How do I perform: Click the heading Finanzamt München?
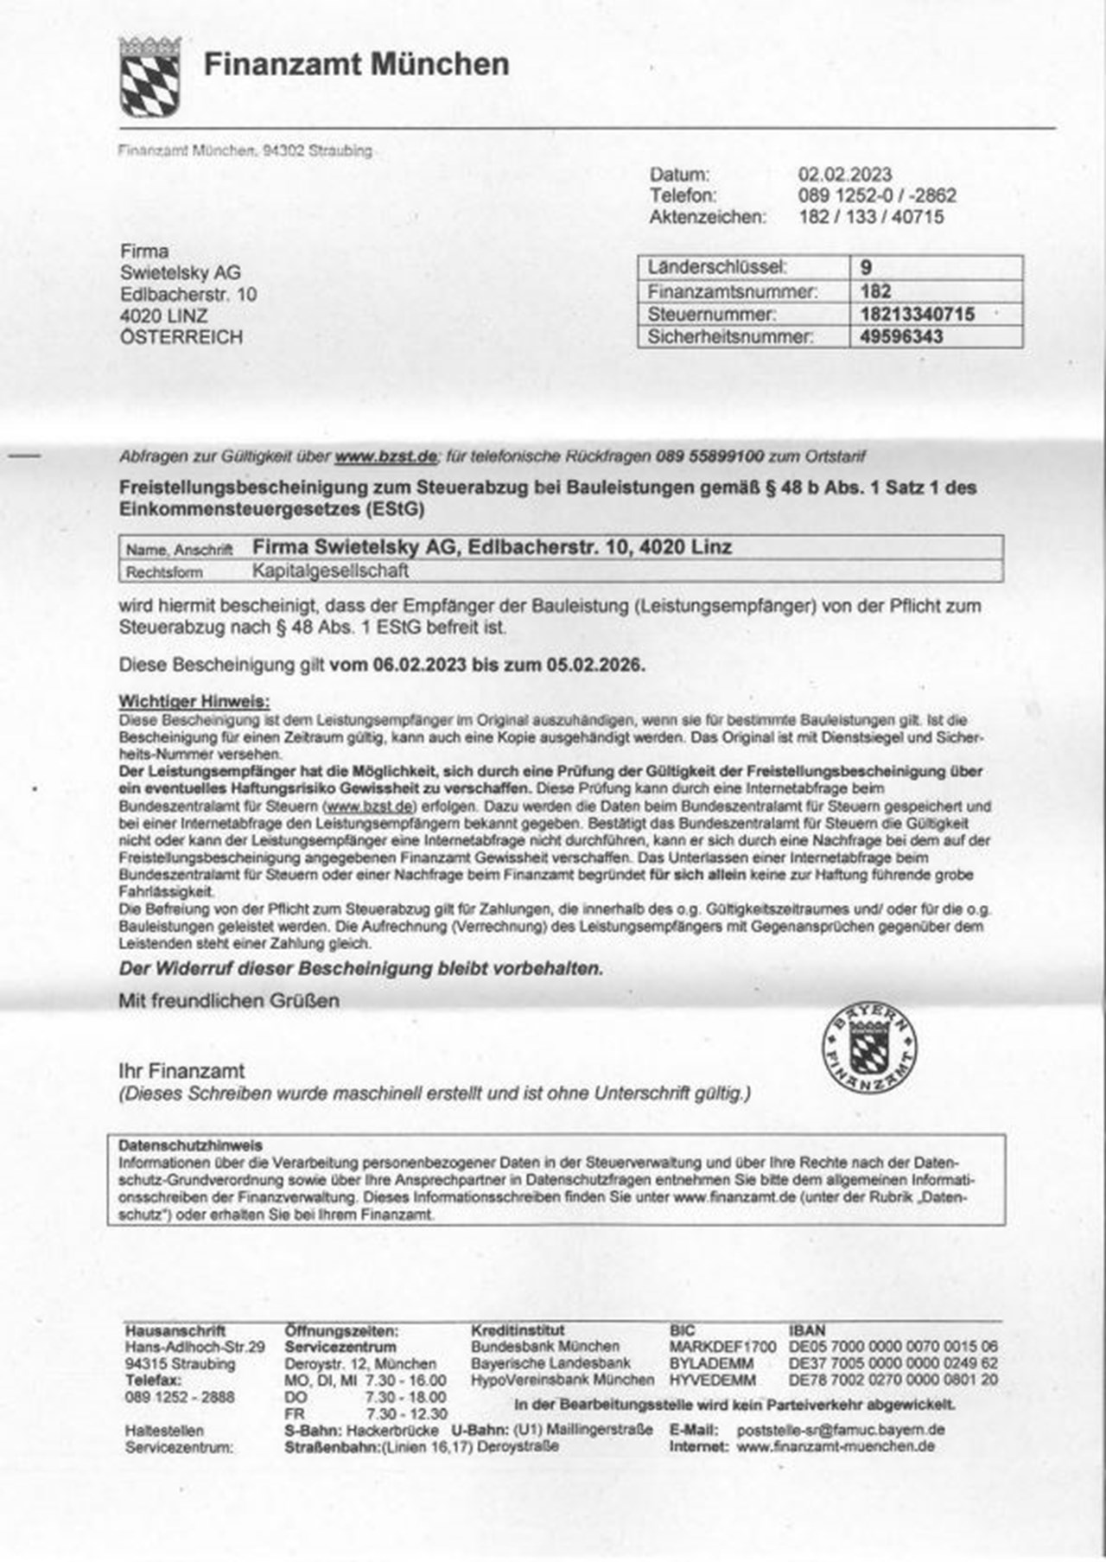tap(356, 64)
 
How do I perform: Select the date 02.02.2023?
tap(844, 175)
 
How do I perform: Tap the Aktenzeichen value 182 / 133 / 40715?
tap(871, 217)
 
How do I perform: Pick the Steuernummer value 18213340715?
tap(917, 314)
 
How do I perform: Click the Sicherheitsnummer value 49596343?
tap(901, 336)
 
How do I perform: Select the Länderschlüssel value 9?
tap(866, 268)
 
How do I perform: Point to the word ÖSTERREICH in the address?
tap(181, 337)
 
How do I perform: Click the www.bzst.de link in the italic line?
tap(385, 456)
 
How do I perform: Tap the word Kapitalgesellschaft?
tap(330, 571)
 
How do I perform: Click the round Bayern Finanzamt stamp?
tap(868, 1049)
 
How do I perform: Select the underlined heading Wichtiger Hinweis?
tap(194, 701)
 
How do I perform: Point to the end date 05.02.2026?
tap(595, 665)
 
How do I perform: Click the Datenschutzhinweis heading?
tap(190, 1144)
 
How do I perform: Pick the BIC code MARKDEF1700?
tap(722, 1347)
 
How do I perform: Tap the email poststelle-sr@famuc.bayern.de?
tap(840, 1430)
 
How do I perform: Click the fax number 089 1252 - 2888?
tap(180, 1397)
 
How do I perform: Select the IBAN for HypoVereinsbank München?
tap(893, 1380)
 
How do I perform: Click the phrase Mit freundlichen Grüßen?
tap(229, 1001)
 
